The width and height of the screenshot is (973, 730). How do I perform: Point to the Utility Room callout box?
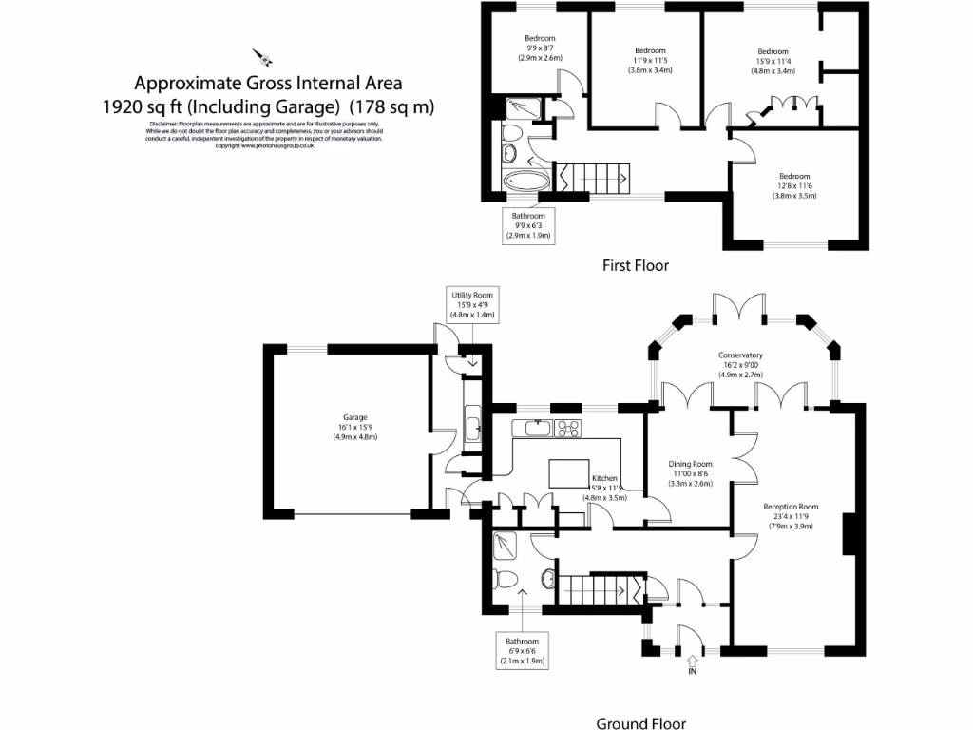(x=472, y=305)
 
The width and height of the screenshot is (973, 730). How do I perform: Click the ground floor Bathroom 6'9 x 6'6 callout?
(x=522, y=650)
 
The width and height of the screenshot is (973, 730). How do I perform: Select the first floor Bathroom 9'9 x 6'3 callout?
(x=528, y=225)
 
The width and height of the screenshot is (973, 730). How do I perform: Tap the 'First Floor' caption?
(x=635, y=266)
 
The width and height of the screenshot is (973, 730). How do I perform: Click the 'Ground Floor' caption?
(x=640, y=723)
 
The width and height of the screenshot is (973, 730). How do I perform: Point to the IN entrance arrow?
(x=692, y=663)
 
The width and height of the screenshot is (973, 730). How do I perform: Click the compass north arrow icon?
(x=262, y=56)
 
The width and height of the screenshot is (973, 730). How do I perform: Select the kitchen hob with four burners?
(x=568, y=428)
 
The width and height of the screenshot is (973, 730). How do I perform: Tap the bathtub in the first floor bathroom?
(x=524, y=182)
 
